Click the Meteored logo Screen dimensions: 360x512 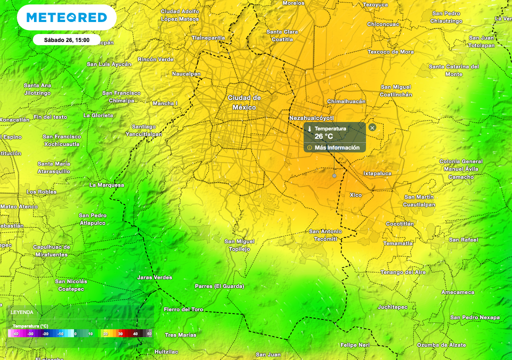click(x=66, y=17)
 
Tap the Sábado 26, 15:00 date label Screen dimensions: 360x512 click(x=66, y=40)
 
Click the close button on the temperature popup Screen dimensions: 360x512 click(x=372, y=127)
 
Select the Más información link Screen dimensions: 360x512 click(x=336, y=147)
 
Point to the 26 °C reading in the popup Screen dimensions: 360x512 click(x=323, y=136)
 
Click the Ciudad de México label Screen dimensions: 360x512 click(x=244, y=102)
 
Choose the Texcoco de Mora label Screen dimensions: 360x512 click(x=390, y=52)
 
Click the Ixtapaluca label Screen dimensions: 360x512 click(x=377, y=173)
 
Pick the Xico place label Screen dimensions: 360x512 click(x=355, y=195)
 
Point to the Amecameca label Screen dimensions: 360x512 click(x=457, y=292)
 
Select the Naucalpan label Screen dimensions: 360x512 click(x=186, y=74)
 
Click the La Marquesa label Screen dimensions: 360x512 click(x=106, y=185)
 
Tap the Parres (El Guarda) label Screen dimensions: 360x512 click(x=219, y=286)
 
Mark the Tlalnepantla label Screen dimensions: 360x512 click(x=208, y=37)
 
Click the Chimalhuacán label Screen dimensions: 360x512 click(x=346, y=101)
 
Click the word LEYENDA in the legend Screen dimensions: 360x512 click(x=22, y=312)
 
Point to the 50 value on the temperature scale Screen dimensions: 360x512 click(x=149, y=333)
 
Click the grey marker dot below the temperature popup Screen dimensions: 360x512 click(x=334, y=175)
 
